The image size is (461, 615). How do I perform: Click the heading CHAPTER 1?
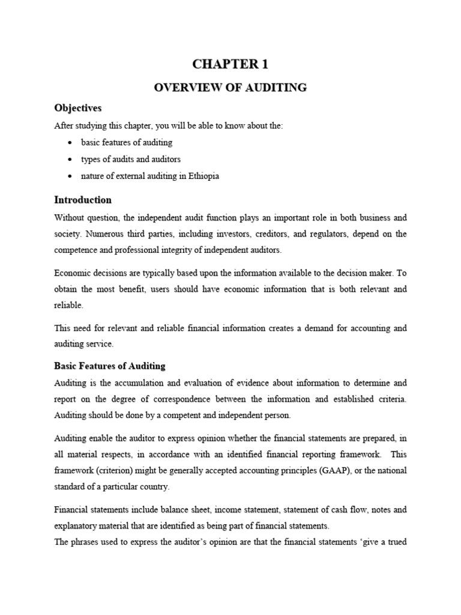[x=230, y=64]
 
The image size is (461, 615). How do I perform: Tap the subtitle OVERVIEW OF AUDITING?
[x=230, y=88]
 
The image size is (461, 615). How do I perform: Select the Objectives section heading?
[x=78, y=108]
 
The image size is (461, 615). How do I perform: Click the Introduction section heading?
[x=83, y=200]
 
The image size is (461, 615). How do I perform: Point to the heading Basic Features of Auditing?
[x=110, y=366]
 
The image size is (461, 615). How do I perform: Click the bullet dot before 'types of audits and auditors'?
[x=71, y=160]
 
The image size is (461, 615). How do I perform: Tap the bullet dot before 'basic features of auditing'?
[x=71, y=143]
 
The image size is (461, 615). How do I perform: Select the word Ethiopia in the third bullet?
[x=203, y=177]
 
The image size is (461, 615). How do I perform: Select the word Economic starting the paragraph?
[x=74, y=273]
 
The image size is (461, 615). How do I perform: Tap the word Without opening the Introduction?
[x=70, y=216]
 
